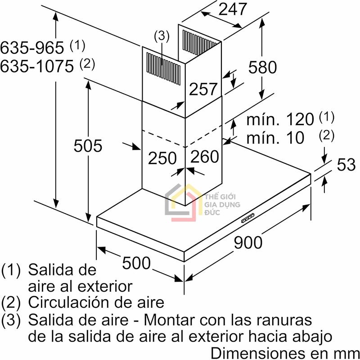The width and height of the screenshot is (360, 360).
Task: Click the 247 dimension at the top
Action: click(x=232, y=9)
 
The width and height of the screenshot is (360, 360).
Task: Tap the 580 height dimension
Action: click(x=262, y=67)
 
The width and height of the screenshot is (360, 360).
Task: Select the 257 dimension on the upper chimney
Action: click(x=203, y=89)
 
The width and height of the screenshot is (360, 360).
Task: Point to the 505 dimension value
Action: click(x=88, y=145)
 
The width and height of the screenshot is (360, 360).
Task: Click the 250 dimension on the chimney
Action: click(x=162, y=158)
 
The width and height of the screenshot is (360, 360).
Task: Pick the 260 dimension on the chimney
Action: click(x=205, y=156)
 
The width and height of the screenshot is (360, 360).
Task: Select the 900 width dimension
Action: click(x=248, y=243)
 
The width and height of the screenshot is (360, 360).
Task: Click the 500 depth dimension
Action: click(x=136, y=263)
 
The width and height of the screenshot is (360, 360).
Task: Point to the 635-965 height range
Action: click(x=32, y=48)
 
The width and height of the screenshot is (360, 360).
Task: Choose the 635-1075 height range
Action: click(x=37, y=66)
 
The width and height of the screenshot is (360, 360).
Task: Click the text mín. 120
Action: click(x=280, y=119)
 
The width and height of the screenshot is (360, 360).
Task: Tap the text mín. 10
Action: click(x=275, y=138)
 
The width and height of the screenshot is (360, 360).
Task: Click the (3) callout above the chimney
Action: click(x=162, y=36)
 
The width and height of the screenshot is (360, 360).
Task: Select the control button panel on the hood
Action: click(x=248, y=218)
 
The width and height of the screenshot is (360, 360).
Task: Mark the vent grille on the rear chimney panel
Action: click(x=200, y=42)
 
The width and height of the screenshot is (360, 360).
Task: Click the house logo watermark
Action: click(x=184, y=202)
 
